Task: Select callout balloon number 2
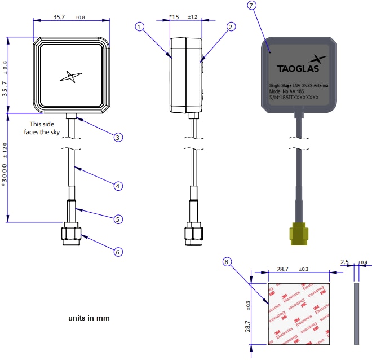pyautogui.click(x=231, y=27)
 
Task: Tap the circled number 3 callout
pyautogui.click(x=118, y=137)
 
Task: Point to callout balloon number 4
pyautogui.click(x=118, y=185)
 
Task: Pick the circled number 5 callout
pyautogui.click(x=118, y=218)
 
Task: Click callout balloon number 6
pyautogui.click(x=118, y=252)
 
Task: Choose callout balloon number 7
pyautogui.click(x=252, y=5)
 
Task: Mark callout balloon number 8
pyautogui.click(x=227, y=262)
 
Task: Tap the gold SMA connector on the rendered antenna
pyautogui.click(x=298, y=234)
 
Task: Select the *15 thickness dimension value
pyautogui.click(x=174, y=17)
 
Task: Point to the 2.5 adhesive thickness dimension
pyautogui.click(x=345, y=262)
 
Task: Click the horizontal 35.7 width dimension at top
pyautogui.click(x=59, y=17)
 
